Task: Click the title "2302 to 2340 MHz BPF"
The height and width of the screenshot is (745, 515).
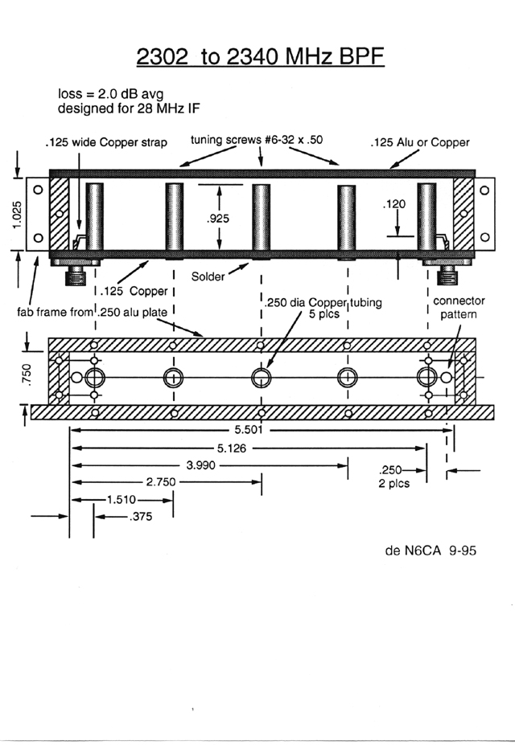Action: (257, 58)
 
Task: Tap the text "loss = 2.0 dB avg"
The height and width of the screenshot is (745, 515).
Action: (104, 92)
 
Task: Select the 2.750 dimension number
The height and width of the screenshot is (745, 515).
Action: (160, 482)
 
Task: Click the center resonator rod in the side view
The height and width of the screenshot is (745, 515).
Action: (260, 218)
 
